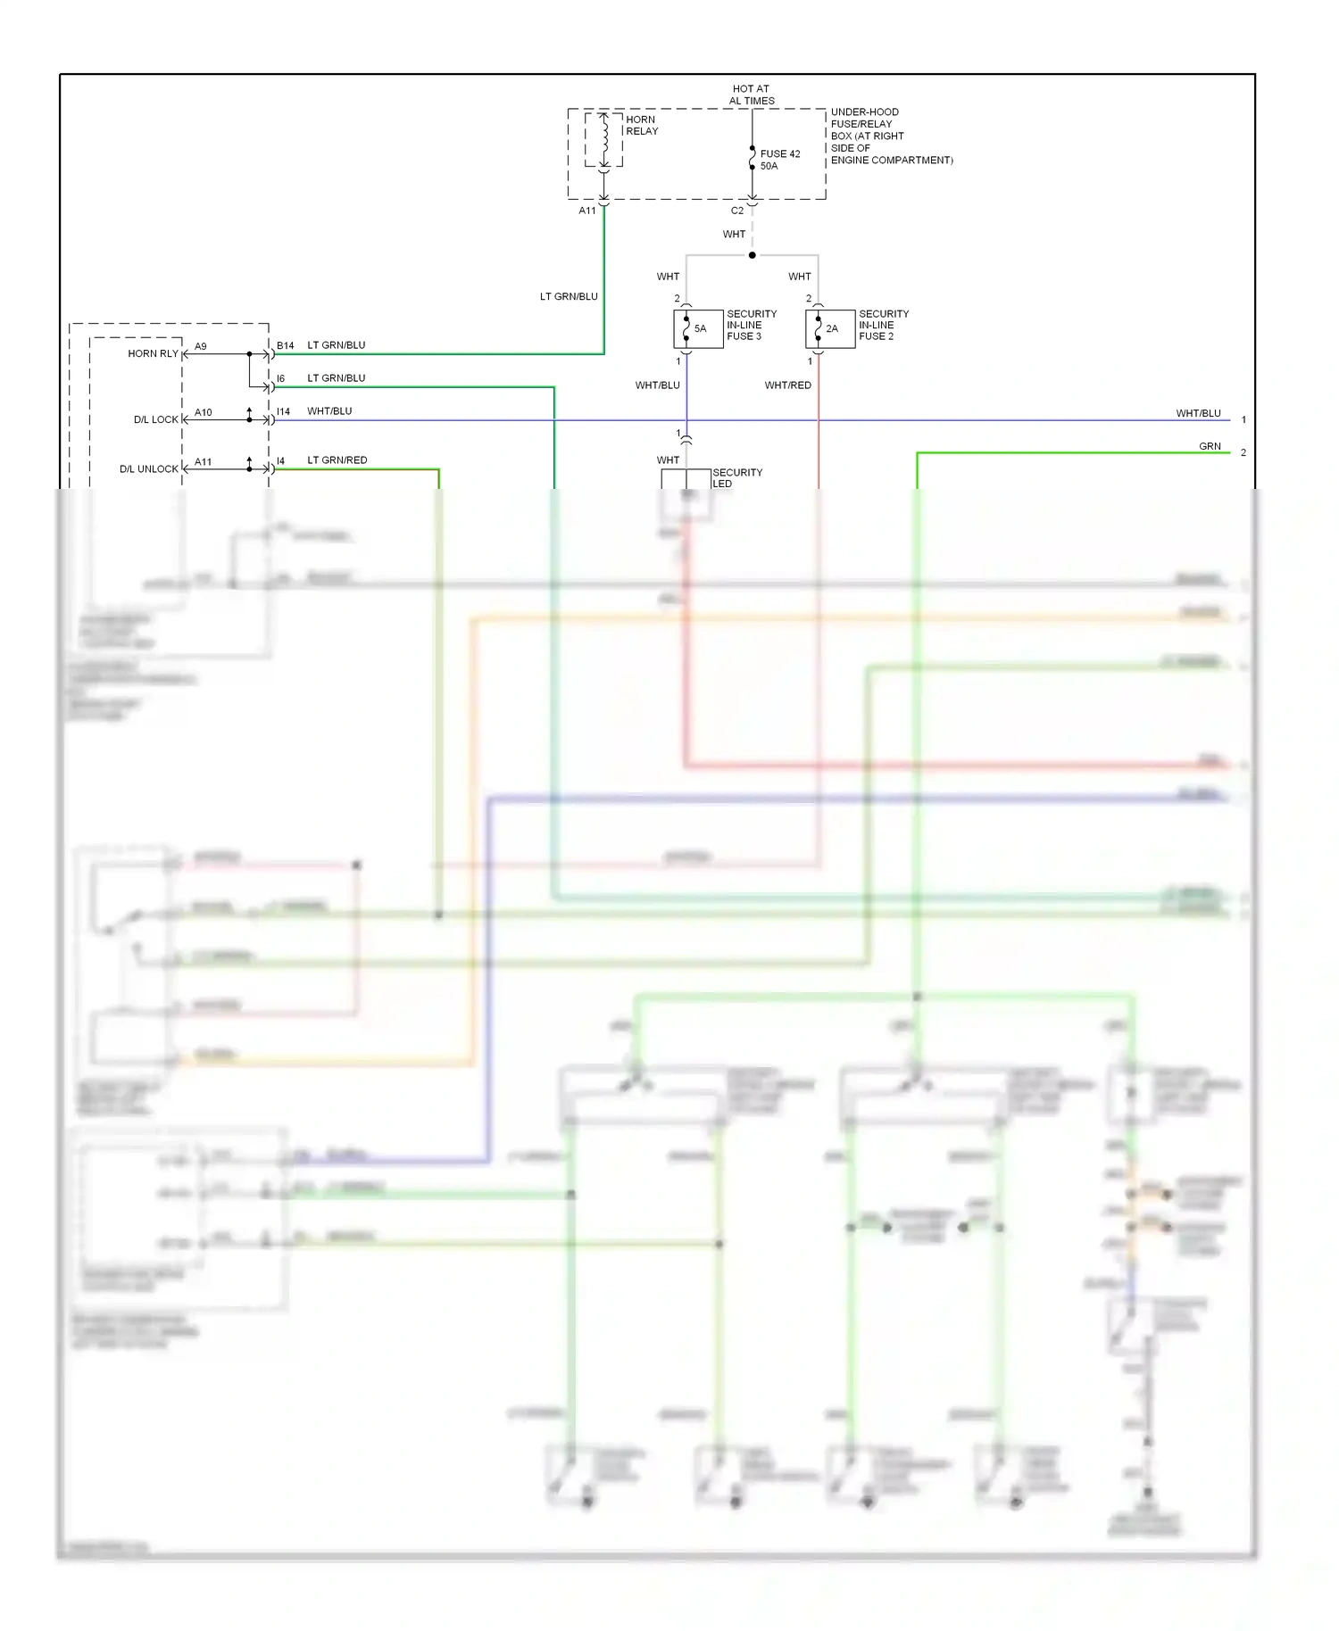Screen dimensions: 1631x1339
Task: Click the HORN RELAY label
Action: (x=641, y=125)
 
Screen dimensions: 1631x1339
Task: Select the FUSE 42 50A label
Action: (x=779, y=160)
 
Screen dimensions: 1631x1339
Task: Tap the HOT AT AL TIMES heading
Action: (x=751, y=95)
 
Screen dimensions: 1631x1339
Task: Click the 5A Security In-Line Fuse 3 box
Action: (x=697, y=328)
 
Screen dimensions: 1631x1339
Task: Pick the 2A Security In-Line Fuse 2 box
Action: (x=829, y=328)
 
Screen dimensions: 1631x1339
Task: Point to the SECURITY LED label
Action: (x=736, y=477)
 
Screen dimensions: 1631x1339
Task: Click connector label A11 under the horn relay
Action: (x=586, y=211)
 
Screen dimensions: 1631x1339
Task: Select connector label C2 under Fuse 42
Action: (x=736, y=211)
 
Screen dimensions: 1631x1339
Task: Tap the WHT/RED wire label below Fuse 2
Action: (x=787, y=385)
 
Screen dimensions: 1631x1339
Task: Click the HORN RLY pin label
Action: (x=153, y=353)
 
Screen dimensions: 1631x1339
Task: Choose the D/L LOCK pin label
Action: (x=156, y=419)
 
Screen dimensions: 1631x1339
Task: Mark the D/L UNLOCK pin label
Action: (x=149, y=468)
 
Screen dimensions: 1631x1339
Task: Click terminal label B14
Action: (x=285, y=345)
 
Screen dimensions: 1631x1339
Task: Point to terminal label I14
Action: (x=283, y=411)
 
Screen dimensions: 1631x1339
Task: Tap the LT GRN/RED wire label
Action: (x=337, y=460)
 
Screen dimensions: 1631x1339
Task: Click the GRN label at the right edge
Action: (x=1210, y=446)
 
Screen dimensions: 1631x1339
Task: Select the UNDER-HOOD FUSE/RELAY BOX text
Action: (x=890, y=136)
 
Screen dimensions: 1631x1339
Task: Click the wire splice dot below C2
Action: (x=752, y=255)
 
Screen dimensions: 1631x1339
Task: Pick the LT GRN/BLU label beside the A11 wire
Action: (x=569, y=296)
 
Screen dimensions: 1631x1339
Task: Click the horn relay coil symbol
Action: (x=604, y=139)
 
